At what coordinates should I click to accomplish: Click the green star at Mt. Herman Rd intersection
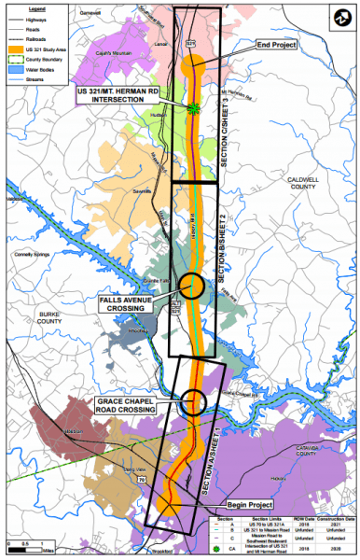[x=194, y=108]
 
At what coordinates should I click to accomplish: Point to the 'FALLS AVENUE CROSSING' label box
[x=135, y=303]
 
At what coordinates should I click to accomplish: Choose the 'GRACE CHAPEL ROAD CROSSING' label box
[x=132, y=407]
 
